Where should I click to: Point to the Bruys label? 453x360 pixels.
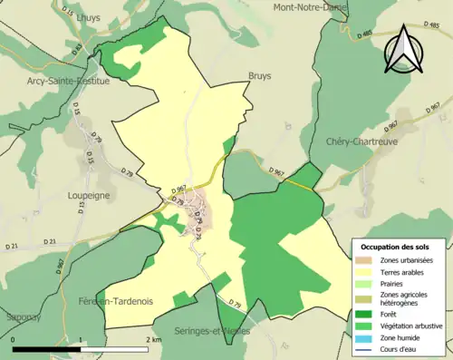260,77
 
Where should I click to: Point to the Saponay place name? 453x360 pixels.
21,318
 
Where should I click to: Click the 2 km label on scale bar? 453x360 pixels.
153,340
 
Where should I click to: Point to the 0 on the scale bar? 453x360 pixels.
14,340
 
